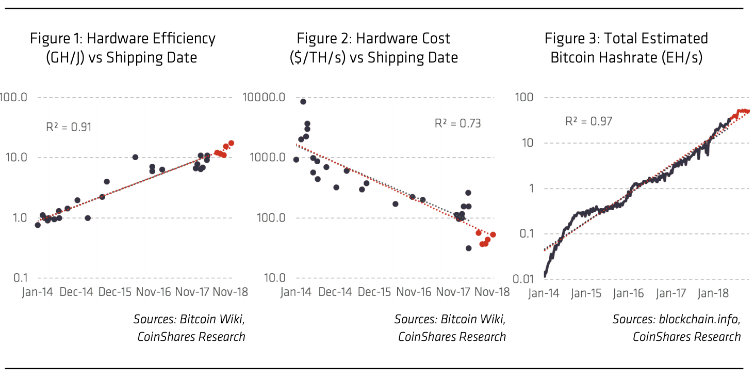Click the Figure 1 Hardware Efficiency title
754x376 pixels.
(x=123, y=47)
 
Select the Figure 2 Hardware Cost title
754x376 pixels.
(x=373, y=47)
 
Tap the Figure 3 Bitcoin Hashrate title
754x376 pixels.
(x=627, y=47)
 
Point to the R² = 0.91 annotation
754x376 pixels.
(x=69, y=127)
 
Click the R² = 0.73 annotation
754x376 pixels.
(x=457, y=123)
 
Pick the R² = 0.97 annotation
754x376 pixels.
(x=588, y=121)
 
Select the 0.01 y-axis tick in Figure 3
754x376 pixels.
(x=523, y=279)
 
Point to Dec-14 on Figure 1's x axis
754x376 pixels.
(x=75, y=292)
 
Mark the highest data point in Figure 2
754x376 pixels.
(x=303, y=101)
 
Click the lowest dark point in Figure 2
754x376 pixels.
(x=468, y=248)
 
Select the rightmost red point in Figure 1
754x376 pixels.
(x=231, y=143)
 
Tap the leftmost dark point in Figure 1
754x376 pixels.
(x=38, y=225)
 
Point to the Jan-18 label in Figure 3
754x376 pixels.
(x=714, y=293)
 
